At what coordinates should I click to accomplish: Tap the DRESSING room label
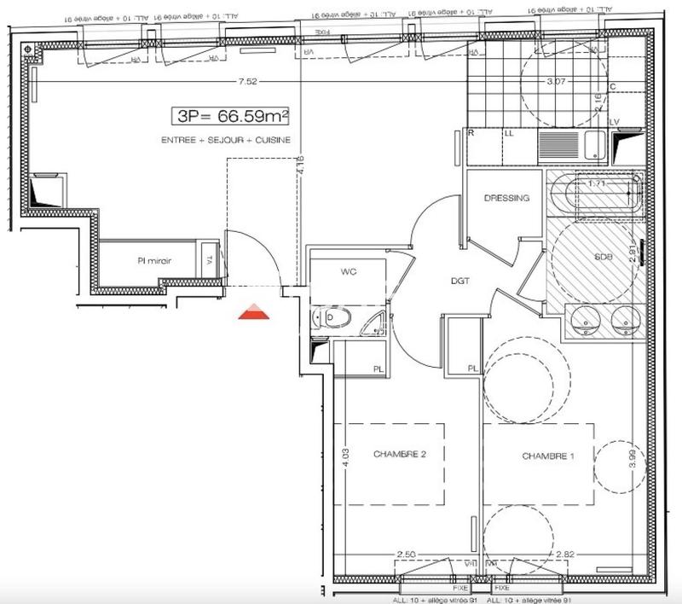pyautogui.click(x=506, y=198)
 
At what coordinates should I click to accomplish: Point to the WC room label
pyautogui.click(x=348, y=272)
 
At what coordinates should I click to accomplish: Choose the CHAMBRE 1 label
pyautogui.click(x=548, y=457)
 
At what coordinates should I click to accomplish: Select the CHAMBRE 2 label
pyautogui.click(x=399, y=454)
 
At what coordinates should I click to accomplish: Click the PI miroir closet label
pyautogui.click(x=156, y=262)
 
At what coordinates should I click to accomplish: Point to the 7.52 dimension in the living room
pyautogui.click(x=248, y=82)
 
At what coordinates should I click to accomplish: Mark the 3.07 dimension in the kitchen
pyautogui.click(x=556, y=82)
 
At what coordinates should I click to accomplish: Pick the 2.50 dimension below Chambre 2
pyautogui.click(x=407, y=555)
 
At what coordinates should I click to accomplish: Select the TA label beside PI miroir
pyautogui.click(x=208, y=262)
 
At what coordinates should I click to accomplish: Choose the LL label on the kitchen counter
pyautogui.click(x=509, y=134)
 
